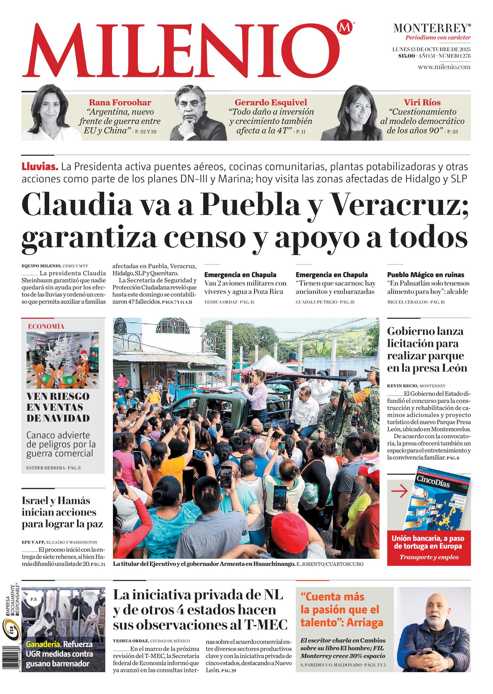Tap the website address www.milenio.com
444,67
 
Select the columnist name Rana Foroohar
120,102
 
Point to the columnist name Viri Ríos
422,102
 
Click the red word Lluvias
40,167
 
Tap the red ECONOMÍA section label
46,327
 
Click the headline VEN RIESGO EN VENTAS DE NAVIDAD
58,407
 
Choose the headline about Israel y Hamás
62,512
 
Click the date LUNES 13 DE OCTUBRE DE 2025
431,50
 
